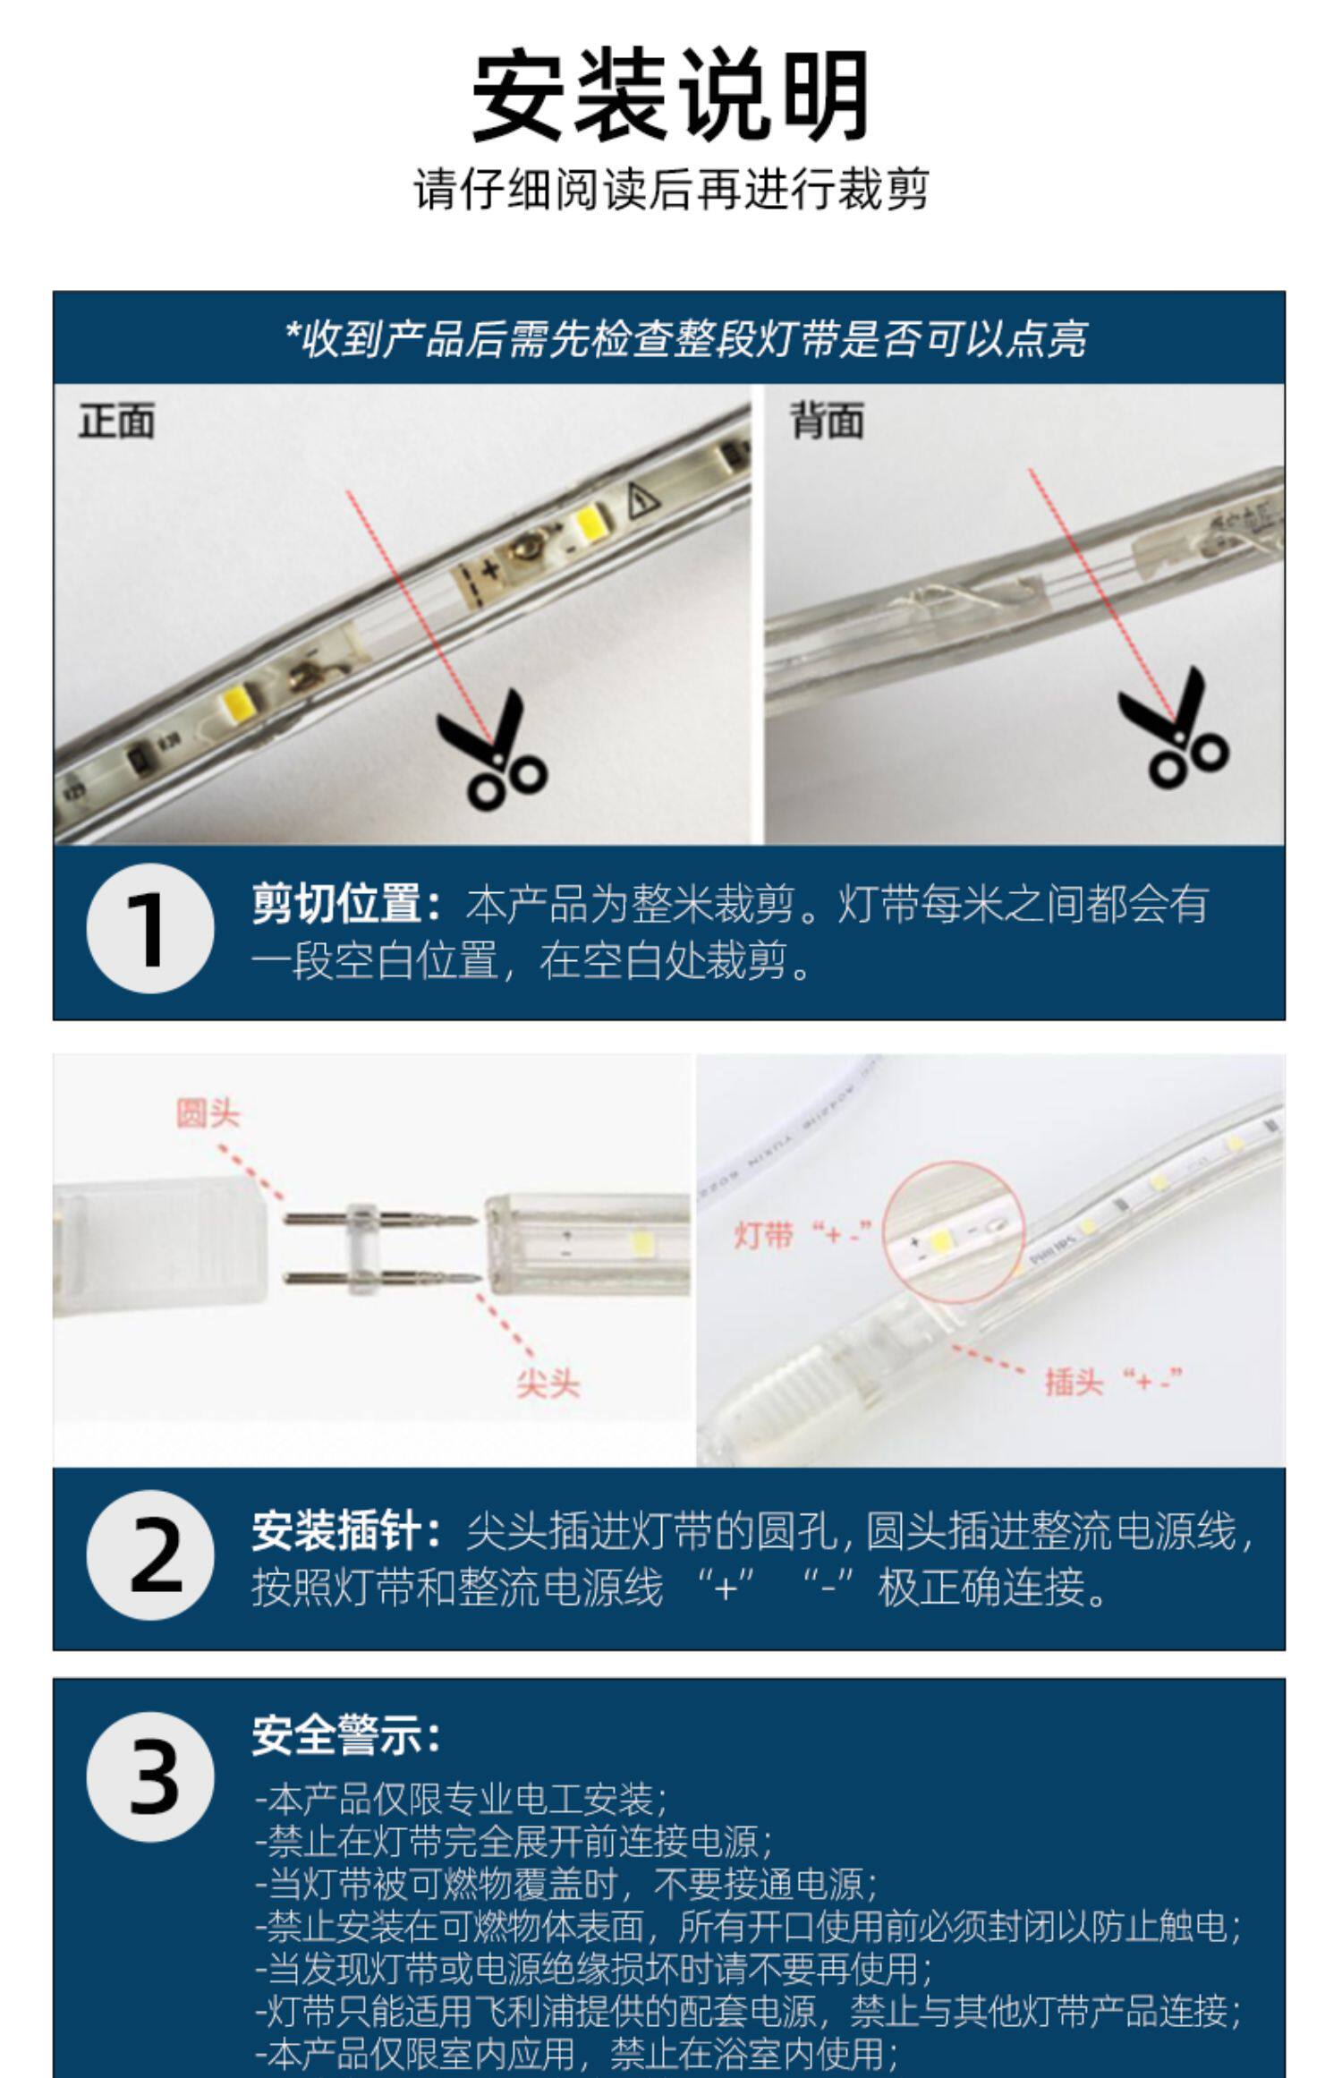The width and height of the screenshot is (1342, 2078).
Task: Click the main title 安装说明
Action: tap(670, 96)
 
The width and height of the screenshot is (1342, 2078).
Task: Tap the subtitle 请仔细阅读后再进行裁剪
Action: tap(670, 189)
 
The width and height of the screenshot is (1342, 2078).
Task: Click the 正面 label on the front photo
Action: tap(116, 421)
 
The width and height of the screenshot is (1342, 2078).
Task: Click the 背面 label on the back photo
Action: tap(827, 421)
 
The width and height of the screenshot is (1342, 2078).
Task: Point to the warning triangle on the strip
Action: tap(641, 500)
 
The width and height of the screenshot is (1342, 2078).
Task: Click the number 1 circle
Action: tap(150, 928)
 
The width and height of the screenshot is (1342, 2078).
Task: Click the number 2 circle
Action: tap(150, 1554)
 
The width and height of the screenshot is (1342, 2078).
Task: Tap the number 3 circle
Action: tap(150, 1776)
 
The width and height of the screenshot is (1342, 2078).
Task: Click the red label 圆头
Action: tap(208, 1114)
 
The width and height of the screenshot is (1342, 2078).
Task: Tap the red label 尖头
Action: tap(548, 1384)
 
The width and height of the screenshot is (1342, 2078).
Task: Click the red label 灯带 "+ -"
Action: tap(803, 1235)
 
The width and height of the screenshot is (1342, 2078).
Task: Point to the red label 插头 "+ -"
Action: tap(1114, 1381)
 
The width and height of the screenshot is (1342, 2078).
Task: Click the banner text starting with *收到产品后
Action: tap(685, 339)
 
